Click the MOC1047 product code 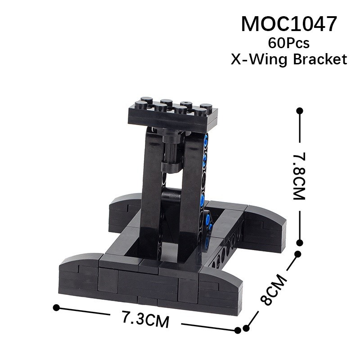(289, 24)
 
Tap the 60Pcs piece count (288, 43)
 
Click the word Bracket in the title (320, 59)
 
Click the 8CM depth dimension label (274, 290)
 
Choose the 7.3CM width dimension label (145, 319)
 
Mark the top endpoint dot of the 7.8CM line (300, 111)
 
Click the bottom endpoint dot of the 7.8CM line (299, 243)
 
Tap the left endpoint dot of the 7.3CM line (56, 308)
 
